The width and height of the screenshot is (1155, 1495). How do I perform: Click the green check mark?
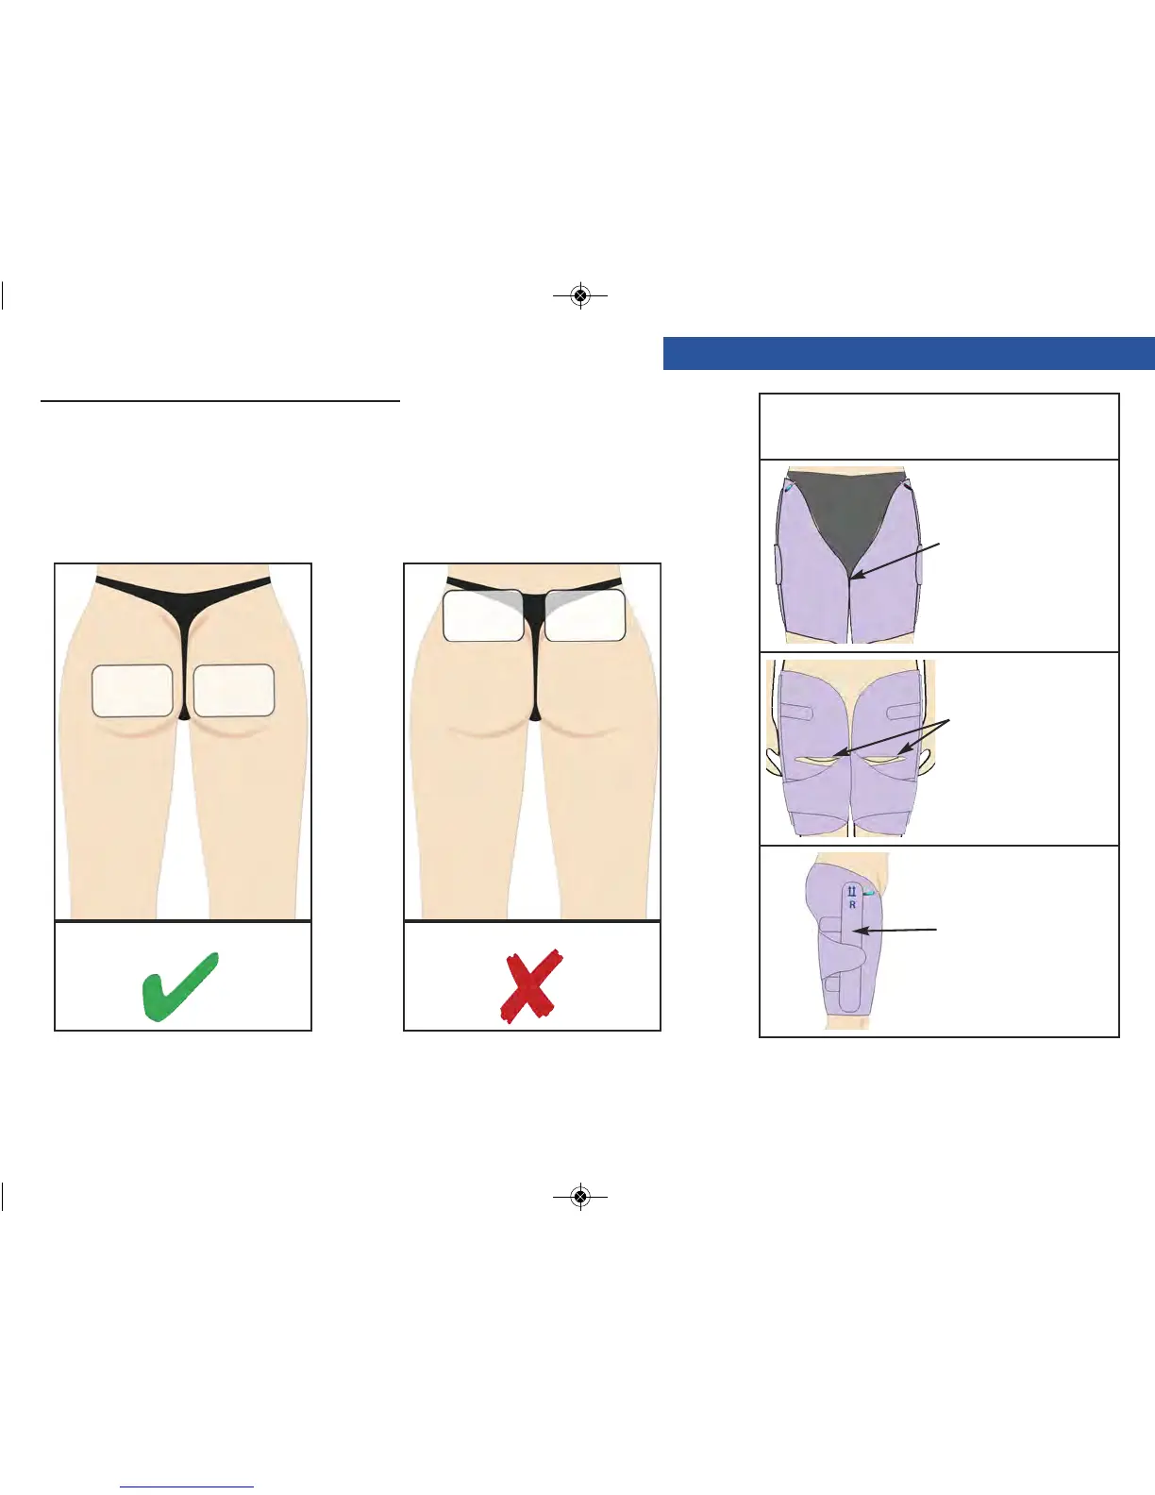coord(179,986)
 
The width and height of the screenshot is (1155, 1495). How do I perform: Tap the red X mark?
coord(531,985)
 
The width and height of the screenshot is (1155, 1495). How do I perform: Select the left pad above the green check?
coord(132,691)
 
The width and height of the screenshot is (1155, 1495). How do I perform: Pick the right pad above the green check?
coord(234,691)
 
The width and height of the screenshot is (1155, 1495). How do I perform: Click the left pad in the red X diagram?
coord(483,615)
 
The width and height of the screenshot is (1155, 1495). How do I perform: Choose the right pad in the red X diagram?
coord(585,615)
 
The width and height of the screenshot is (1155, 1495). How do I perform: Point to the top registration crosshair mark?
coord(580,296)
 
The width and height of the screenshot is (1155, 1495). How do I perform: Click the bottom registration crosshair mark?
coord(580,1197)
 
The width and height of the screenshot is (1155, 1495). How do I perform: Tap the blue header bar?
coord(908,353)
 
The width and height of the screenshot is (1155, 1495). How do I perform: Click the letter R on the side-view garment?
coord(852,905)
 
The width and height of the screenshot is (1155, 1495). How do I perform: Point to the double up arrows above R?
coord(851,891)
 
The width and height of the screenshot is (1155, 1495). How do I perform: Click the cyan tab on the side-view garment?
coord(868,893)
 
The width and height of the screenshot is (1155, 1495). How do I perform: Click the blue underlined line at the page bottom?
coord(187,1487)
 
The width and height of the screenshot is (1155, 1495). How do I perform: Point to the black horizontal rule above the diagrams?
coord(221,401)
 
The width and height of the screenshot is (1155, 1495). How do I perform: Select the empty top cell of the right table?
coord(939,427)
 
